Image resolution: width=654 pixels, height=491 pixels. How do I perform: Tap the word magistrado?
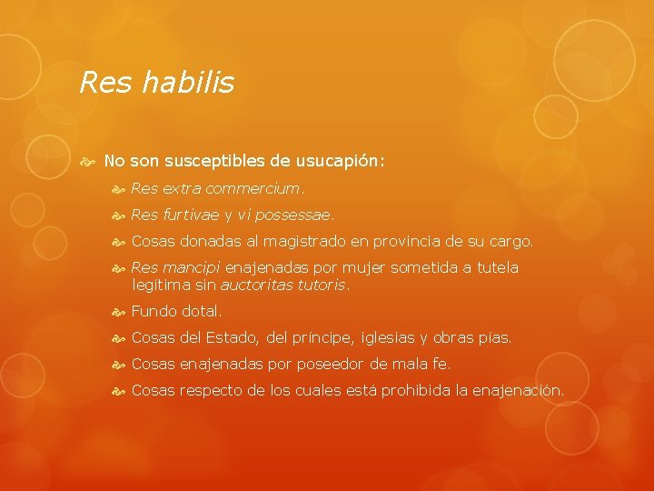(x=297, y=242)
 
